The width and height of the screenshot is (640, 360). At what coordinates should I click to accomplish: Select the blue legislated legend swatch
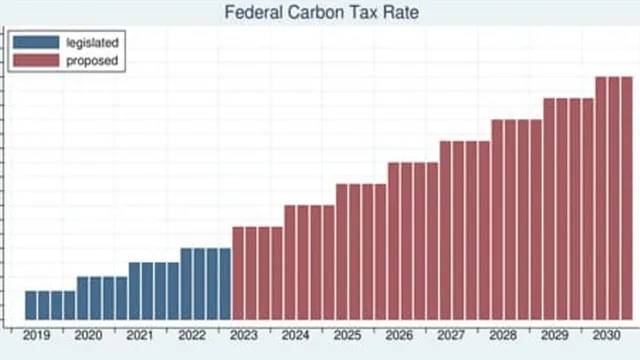click(37, 43)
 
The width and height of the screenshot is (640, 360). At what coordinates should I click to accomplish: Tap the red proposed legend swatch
click(37, 61)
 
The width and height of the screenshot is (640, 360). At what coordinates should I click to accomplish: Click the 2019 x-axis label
click(36, 337)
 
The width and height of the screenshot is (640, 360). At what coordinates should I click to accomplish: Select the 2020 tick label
click(88, 337)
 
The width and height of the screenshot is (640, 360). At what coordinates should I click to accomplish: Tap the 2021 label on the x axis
click(140, 337)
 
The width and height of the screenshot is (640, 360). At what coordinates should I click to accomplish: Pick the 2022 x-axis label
click(192, 337)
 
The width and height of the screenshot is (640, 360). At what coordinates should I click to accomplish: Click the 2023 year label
click(244, 337)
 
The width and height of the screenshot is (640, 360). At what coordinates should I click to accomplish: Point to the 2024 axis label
click(296, 337)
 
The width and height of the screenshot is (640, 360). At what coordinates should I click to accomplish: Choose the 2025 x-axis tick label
click(348, 337)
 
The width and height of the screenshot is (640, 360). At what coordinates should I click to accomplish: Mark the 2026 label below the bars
click(400, 337)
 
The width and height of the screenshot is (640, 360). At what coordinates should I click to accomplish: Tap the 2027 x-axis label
click(451, 337)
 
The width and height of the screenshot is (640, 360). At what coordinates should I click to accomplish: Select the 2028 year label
click(503, 337)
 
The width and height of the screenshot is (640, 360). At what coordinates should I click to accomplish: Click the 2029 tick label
click(555, 337)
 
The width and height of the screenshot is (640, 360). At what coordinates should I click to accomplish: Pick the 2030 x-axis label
click(607, 337)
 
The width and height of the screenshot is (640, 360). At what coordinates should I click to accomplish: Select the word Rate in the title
click(390, 13)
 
